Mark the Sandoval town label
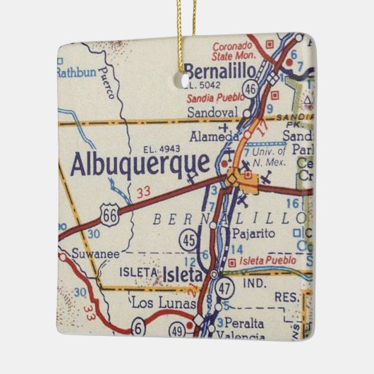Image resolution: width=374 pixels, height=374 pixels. tap(212, 111)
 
